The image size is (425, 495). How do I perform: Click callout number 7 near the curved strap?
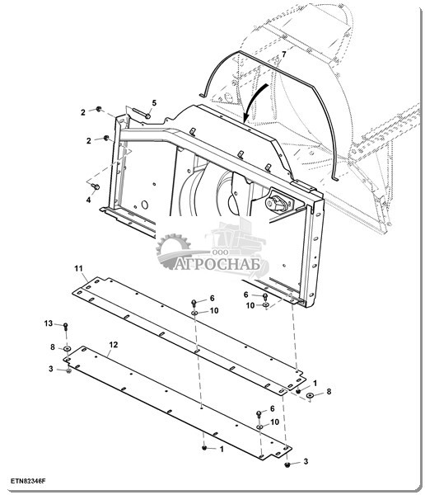[284, 54]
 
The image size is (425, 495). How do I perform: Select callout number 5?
[154, 102]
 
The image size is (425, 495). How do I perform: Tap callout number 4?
[89, 200]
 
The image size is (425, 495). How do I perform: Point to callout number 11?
[78, 268]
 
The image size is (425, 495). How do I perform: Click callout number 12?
[114, 345]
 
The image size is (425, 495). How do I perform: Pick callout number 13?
[49, 323]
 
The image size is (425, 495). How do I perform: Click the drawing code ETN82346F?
[28, 481]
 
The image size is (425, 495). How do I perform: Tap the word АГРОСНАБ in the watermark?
[217, 264]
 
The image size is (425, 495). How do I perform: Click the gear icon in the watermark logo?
[173, 249]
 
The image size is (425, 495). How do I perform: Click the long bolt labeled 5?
[141, 113]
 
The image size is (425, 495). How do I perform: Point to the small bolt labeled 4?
[96, 187]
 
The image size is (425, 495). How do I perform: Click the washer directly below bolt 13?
[67, 348]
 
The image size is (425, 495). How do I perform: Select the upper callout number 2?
[83, 112]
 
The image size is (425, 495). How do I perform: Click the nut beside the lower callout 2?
[106, 138]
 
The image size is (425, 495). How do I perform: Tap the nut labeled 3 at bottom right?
[287, 464]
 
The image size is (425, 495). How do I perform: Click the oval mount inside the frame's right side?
[276, 202]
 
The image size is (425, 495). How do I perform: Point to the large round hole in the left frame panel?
[145, 205]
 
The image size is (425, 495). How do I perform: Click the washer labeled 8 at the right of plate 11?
[310, 395]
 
